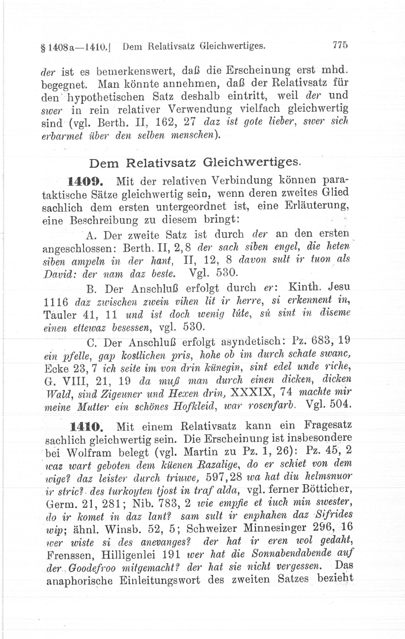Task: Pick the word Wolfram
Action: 89,453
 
